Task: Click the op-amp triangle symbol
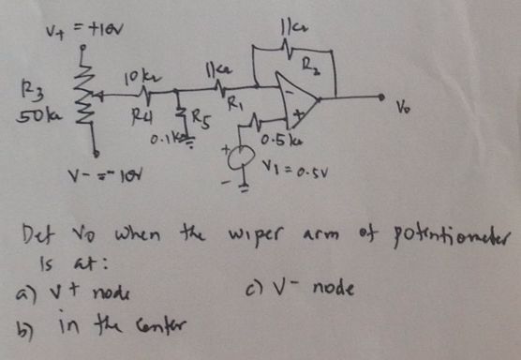pyautogui.click(x=297, y=97)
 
